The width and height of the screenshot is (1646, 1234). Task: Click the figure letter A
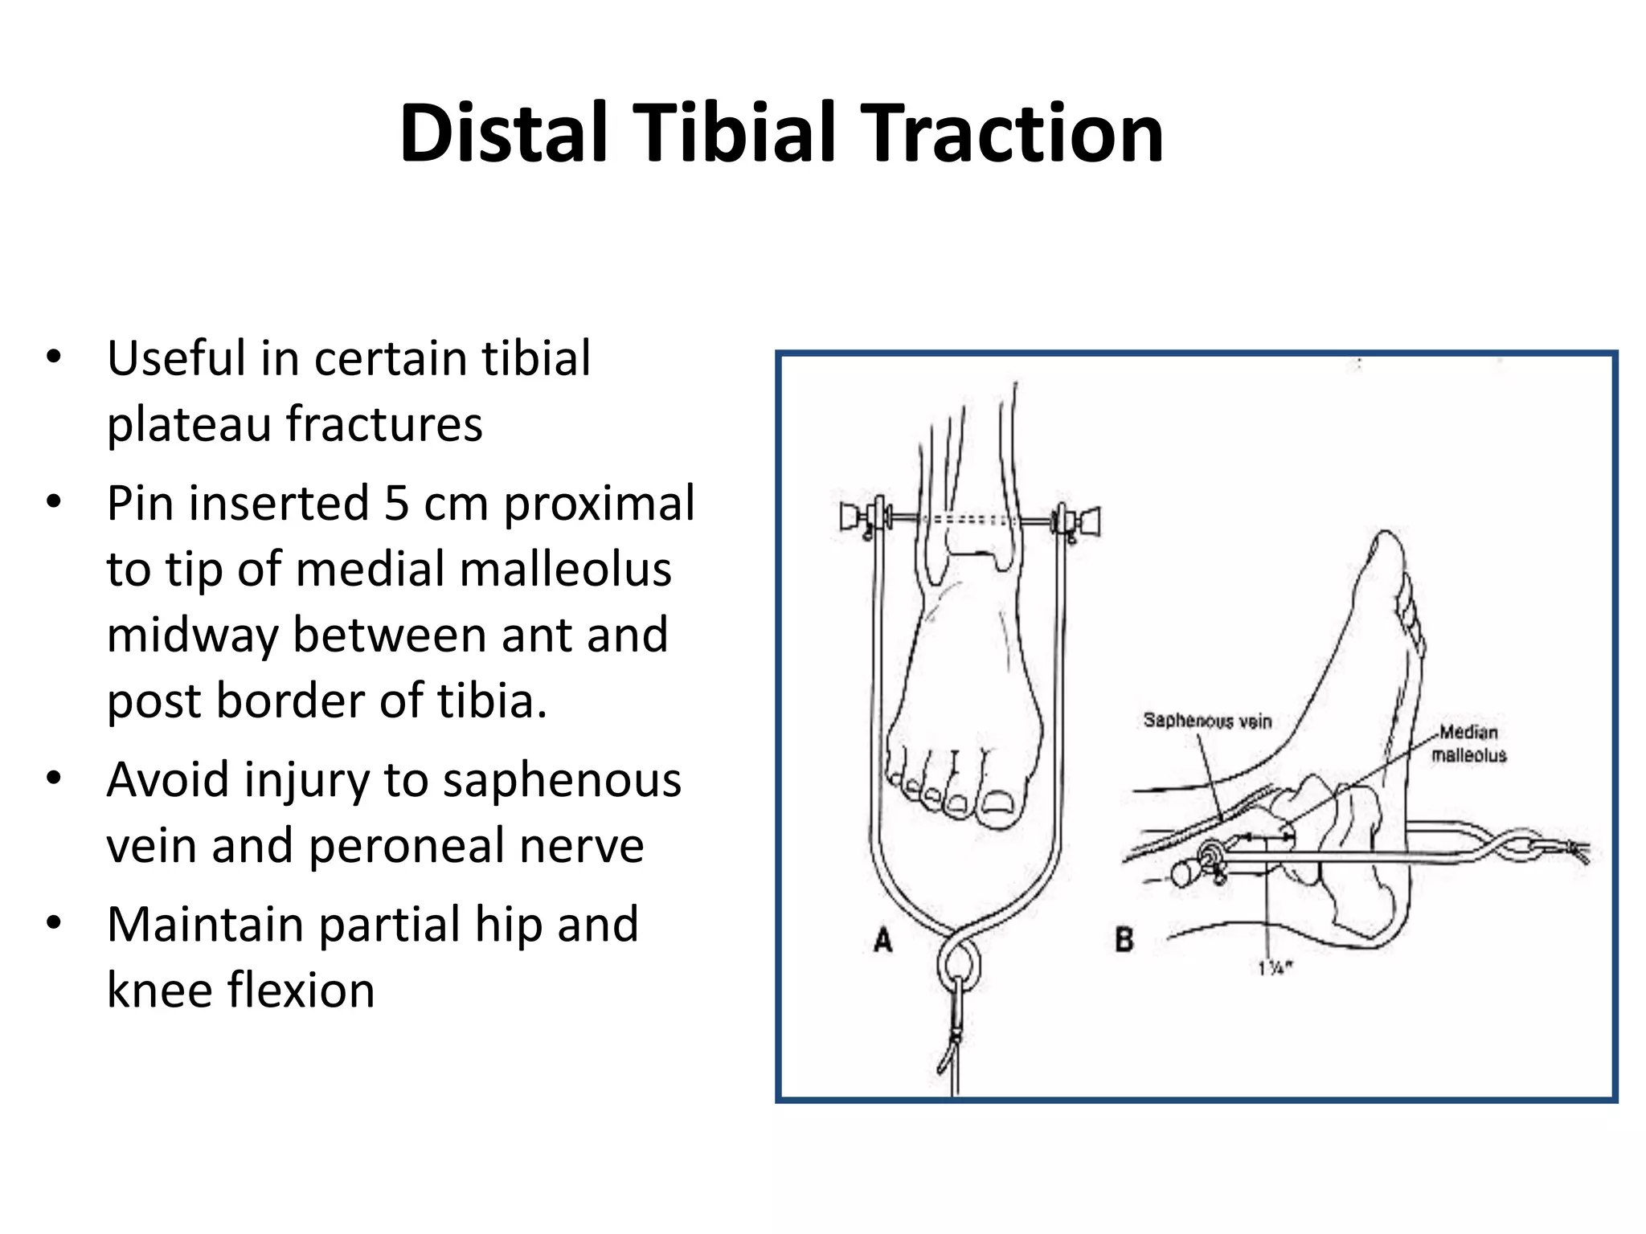(882, 939)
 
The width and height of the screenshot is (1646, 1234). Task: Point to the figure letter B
(1124, 939)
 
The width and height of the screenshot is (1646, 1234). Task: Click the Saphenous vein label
(1207, 721)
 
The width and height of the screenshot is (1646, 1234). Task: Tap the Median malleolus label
(1468, 743)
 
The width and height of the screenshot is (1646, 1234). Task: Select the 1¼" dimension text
(1274, 969)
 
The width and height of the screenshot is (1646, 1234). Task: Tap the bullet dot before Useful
(54, 358)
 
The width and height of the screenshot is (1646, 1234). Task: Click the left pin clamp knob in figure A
(849, 517)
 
